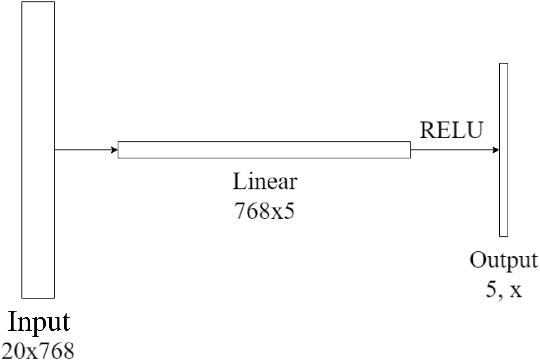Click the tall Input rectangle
(x=36, y=150)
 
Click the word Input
(x=40, y=323)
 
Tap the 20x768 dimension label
(x=39, y=349)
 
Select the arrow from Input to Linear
(x=84, y=150)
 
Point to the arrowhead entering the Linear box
(x=113, y=150)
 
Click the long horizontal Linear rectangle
(x=264, y=150)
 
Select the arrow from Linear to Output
(x=454, y=150)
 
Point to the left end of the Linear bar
(x=120, y=150)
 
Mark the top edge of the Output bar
(x=503, y=63)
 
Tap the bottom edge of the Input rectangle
(x=36, y=297)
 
